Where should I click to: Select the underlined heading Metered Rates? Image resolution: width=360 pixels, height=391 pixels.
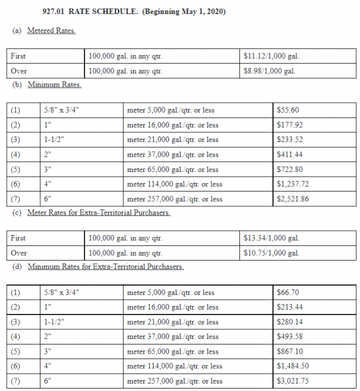[51, 31]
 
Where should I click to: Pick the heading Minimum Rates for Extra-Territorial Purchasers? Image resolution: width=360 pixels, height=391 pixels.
[105, 267]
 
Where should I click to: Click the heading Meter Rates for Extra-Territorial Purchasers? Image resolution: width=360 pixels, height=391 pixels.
[99, 212]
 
